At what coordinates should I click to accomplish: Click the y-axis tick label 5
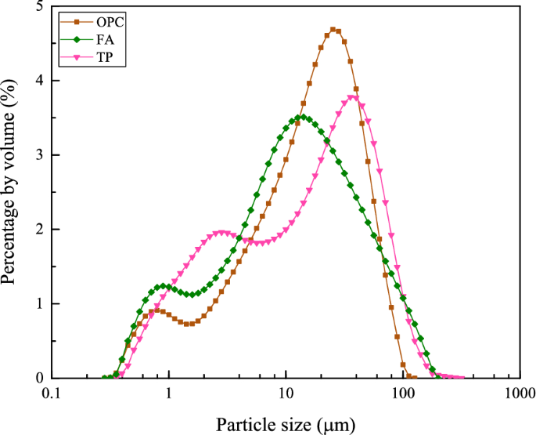(x=39, y=7)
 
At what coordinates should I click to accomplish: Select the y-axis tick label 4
(x=39, y=82)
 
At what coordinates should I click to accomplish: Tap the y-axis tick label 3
(x=39, y=156)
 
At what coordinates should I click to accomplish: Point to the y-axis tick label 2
(x=39, y=230)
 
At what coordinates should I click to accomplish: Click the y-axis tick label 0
(x=39, y=378)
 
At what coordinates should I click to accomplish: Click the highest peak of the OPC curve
(x=334, y=30)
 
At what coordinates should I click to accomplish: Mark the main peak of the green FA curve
(x=303, y=118)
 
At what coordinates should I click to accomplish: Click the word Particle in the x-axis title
(x=243, y=424)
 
